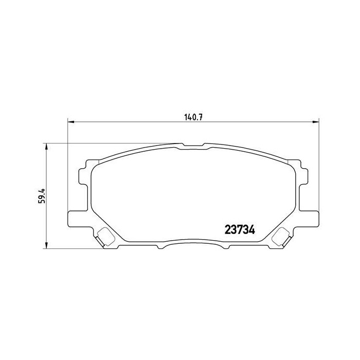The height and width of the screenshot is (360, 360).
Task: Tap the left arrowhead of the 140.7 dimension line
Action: pyautogui.click(x=71, y=122)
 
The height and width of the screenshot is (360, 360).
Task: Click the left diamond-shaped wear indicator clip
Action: pyautogui.click(x=106, y=236)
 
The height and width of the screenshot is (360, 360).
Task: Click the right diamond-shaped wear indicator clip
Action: pyautogui.click(x=281, y=236)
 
